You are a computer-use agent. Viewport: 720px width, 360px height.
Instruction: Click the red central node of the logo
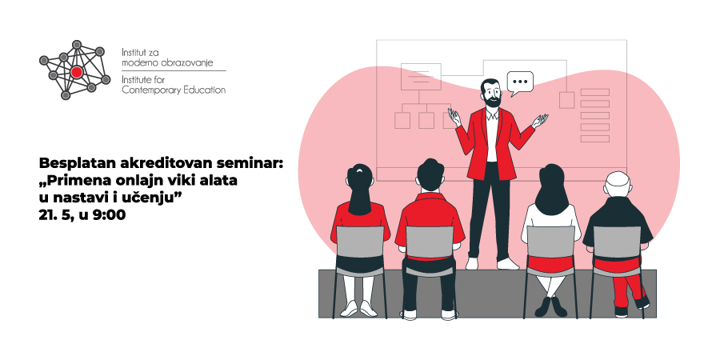77,72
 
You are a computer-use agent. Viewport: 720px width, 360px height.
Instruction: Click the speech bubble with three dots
520,83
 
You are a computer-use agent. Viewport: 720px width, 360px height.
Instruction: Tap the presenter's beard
492,101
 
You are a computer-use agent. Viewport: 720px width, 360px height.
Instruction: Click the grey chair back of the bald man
616,242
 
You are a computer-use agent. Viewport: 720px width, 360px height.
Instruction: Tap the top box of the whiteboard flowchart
421,77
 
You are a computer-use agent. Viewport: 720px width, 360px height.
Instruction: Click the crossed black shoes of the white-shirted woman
551,306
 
